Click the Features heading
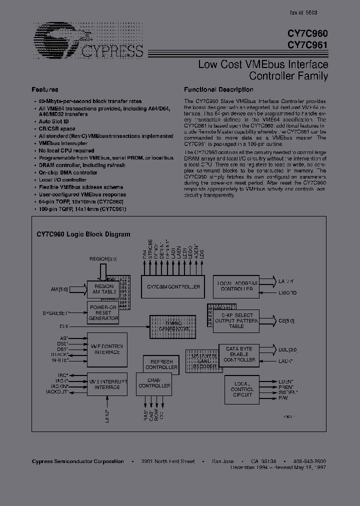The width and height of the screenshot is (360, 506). coord(45,90)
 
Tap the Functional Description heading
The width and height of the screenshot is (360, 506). coord(218,90)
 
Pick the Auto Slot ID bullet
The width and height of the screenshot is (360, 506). coord(54,121)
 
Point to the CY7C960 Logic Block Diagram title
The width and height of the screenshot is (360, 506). coord(83,234)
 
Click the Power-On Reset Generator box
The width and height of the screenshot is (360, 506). coord(103,312)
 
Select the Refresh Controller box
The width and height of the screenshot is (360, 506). coord(161,364)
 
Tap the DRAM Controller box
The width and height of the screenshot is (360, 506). coord(154,382)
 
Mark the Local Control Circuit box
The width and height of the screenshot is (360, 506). coord(242,389)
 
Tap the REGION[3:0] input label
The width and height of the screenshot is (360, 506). coord(103,258)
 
